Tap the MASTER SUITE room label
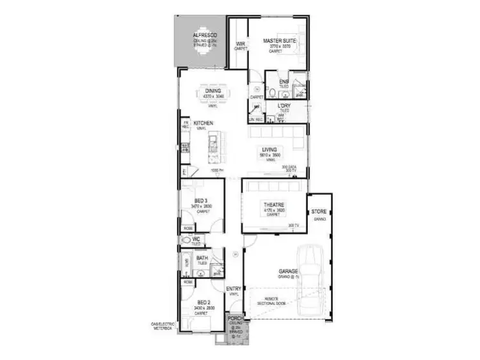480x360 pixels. click(278, 40)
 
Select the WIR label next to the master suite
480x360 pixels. click(240, 44)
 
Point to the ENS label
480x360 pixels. click(284, 82)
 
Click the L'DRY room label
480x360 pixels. click(284, 106)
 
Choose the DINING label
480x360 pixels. click(213, 91)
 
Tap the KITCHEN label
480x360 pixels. click(204, 123)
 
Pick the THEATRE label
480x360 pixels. click(273, 205)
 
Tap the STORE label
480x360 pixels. click(318, 211)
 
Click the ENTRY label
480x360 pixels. click(234, 289)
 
